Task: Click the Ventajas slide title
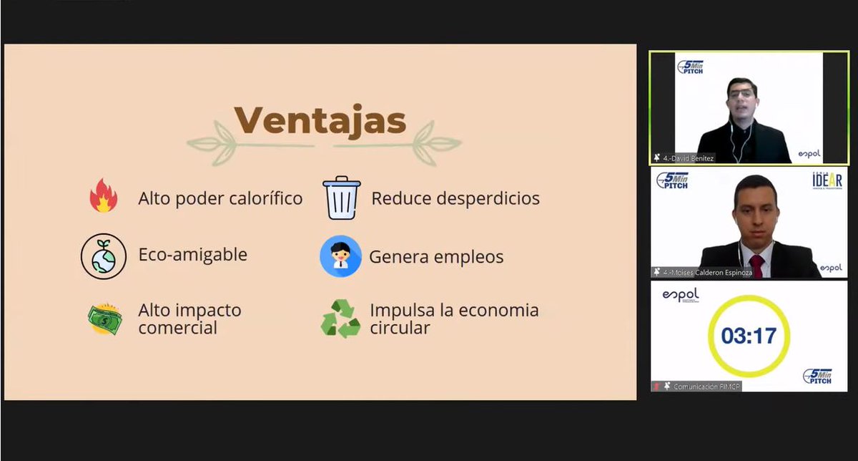pyautogui.click(x=320, y=120)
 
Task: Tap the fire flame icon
pyautogui.click(x=104, y=196)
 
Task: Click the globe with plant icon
pyautogui.click(x=104, y=256)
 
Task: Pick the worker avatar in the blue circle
pyautogui.click(x=340, y=256)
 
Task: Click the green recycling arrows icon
pyautogui.click(x=340, y=319)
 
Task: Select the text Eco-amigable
pyautogui.click(x=192, y=254)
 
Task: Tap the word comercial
pyautogui.click(x=177, y=328)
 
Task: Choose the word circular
pyautogui.click(x=400, y=328)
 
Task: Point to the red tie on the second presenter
pyautogui.click(x=756, y=266)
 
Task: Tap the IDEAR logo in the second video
pyautogui.click(x=827, y=180)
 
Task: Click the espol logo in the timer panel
pyautogui.click(x=680, y=296)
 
